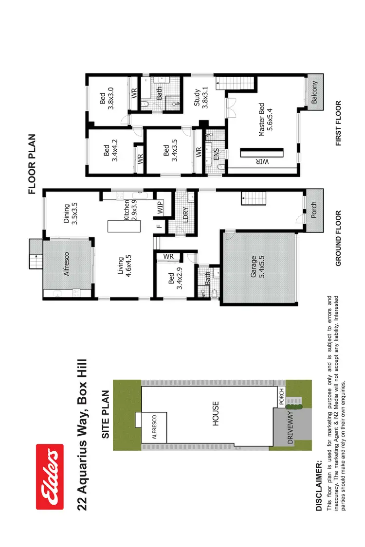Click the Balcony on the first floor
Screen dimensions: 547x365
click(314, 91)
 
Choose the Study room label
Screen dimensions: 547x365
click(201, 97)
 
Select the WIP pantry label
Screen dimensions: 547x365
click(160, 208)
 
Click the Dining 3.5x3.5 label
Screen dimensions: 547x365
click(71, 213)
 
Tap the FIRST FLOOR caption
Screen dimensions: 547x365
click(339, 124)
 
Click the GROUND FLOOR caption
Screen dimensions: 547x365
click(339, 238)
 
